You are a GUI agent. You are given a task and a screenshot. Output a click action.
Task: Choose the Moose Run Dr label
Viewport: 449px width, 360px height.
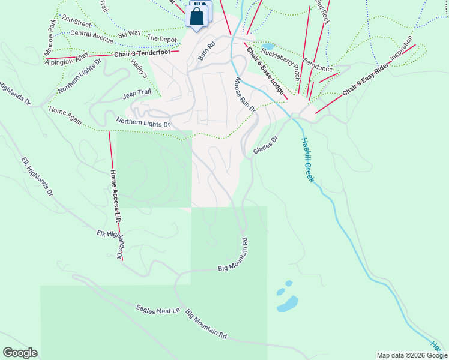246,95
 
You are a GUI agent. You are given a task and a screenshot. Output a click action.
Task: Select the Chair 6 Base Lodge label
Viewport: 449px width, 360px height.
265,71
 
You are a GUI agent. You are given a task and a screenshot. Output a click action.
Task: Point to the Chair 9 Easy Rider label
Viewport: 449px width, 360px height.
366,84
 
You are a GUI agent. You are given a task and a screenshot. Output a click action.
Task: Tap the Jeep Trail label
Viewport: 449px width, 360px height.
137,94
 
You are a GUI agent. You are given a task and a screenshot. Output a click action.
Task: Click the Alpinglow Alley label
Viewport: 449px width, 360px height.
67,58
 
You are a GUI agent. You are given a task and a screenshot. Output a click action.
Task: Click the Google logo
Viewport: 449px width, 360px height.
20,353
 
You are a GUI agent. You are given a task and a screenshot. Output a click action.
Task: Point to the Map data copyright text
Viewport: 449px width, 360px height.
411,355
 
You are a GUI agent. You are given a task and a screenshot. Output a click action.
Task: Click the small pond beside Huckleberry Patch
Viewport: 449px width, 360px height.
268,46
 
